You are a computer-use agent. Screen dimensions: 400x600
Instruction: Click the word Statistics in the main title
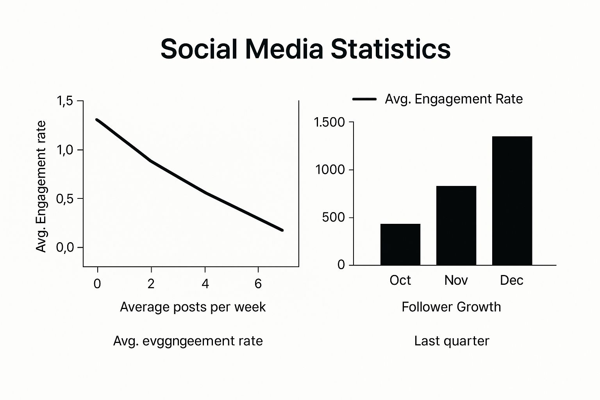coord(391,49)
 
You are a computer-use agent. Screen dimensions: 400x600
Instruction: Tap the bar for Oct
coord(400,245)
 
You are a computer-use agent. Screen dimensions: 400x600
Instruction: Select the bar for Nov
coord(456,226)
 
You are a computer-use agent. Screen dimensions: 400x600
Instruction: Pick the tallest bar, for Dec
coord(512,201)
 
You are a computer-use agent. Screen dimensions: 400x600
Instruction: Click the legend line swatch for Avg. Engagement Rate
coord(364,99)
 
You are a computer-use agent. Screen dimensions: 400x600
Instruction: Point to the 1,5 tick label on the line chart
coord(65,101)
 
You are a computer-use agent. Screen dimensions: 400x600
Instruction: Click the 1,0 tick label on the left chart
coord(65,150)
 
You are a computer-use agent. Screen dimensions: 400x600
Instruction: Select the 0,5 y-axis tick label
coord(65,199)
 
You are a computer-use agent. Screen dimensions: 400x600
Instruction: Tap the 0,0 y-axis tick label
coord(65,248)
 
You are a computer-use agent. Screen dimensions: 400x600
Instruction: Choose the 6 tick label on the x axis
coord(258,284)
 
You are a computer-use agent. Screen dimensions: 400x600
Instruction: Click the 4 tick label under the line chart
coord(205,284)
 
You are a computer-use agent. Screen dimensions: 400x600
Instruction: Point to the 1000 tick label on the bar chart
coord(330,170)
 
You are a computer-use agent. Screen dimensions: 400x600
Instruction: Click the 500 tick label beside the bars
coord(334,218)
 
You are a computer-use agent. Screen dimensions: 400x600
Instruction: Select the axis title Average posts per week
coord(193,307)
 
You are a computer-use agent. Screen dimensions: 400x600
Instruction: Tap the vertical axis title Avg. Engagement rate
coord(41,186)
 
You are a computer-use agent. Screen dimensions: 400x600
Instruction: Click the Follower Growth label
coord(451,307)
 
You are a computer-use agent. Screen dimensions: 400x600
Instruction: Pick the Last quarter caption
coord(452,341)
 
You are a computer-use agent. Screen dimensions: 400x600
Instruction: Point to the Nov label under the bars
coord(456,280)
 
